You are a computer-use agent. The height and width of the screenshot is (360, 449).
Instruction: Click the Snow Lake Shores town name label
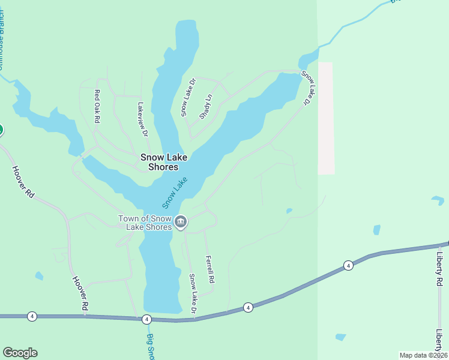point(164,162)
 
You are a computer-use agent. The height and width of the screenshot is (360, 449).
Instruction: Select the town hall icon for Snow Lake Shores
point(181,223)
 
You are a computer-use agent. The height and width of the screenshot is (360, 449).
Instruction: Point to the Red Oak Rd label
point(97,106)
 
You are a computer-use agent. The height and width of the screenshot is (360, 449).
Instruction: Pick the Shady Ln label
point(205,107)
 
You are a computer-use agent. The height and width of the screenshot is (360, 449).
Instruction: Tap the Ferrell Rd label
point(209,270)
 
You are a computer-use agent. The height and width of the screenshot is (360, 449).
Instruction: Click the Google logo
point(20,353)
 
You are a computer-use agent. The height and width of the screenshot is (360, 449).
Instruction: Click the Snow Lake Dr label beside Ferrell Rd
point(193,294)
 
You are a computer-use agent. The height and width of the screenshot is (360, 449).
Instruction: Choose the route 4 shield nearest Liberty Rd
point(348,265)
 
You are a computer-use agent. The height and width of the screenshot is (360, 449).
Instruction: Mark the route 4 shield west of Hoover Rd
point(32,316)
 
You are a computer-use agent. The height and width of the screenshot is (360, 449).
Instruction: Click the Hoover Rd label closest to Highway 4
point(80,293)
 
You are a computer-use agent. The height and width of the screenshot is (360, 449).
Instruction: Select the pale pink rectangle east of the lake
point(325,118)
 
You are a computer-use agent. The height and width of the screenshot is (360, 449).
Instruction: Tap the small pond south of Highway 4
point(340,337)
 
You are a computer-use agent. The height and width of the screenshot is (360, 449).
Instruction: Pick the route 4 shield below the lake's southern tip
point(146,320)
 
